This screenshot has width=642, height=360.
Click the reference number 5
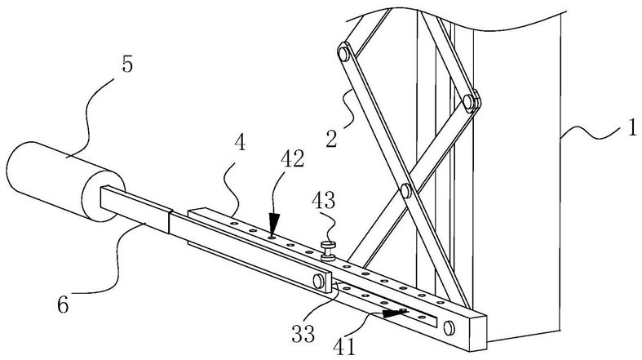point(127,64)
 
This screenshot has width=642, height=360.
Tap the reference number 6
point(63,304)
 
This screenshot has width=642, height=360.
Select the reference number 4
point(240,143)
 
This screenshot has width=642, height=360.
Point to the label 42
point(292,159)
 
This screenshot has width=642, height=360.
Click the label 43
point(323,201)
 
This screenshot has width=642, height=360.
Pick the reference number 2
point(331,138)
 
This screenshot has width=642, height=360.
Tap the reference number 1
point(632,127)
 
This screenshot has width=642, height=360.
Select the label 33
point(303,333)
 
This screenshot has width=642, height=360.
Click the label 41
point(344,346)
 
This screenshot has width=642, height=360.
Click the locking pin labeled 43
point(329,251)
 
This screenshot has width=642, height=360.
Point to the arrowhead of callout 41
point(394,313)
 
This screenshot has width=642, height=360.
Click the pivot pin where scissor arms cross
point(405,190)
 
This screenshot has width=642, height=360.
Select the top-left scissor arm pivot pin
point(343,52)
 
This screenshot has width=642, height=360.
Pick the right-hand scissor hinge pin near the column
point(469,100)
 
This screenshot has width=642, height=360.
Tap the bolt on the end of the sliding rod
point(318,281)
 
